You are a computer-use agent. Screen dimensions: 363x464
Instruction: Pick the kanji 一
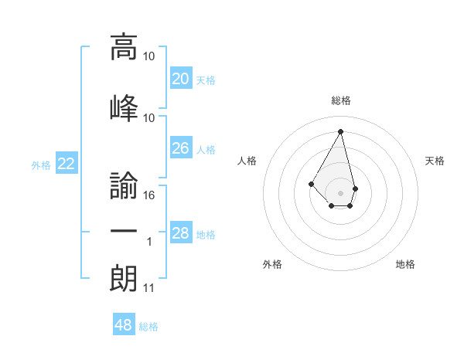point(124,232)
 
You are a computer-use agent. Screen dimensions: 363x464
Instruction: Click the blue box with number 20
point(180,79)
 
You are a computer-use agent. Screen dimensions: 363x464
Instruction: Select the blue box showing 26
point(180,148)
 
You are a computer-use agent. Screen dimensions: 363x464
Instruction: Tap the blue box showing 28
point(180,233)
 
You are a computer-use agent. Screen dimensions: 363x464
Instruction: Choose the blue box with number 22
point(66,164)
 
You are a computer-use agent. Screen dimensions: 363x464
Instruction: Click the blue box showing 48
point(124,325)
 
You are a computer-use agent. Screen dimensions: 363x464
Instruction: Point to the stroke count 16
point(149,195)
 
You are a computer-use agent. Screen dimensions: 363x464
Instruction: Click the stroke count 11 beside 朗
point(149,289)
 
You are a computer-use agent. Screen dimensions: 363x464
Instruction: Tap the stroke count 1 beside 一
point(149,243)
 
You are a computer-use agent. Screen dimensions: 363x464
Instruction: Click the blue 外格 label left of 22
point(41,165)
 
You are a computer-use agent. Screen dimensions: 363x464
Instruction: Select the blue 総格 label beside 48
point(148,327)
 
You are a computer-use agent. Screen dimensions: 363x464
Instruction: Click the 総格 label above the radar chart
point(340,100)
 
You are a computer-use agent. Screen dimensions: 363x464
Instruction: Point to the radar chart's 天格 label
point(435,161)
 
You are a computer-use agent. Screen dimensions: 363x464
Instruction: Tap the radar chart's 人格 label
point(247,161)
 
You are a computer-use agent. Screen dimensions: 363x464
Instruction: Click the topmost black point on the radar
point(340,131)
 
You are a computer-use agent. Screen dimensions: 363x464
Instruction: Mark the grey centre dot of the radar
point(340,192)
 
